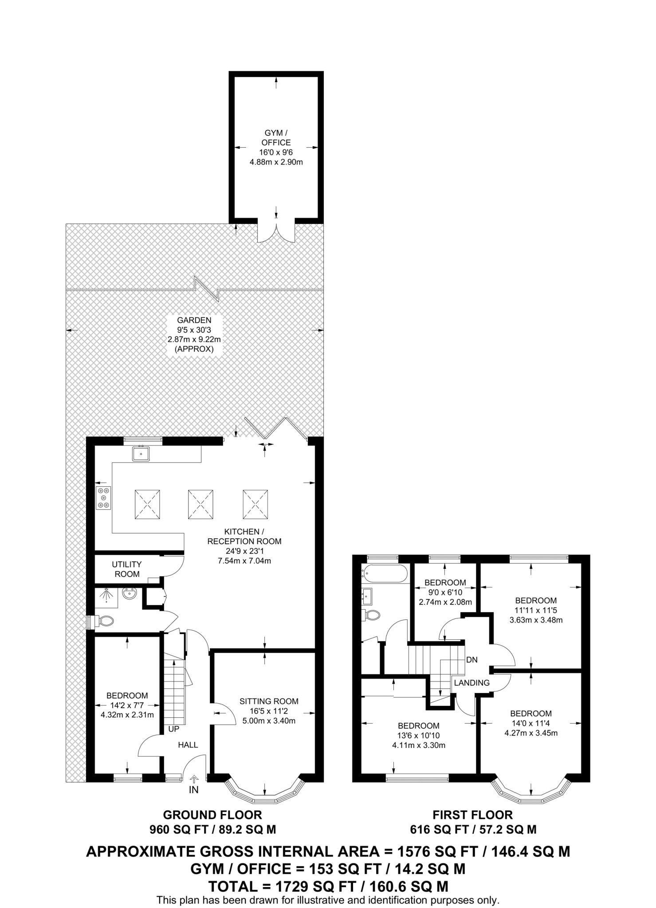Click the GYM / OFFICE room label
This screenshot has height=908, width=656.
pos(276,137)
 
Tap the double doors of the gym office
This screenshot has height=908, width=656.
pos(276,232)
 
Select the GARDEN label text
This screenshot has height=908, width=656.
pos(194,320)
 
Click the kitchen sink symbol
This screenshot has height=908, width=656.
pos(141,454)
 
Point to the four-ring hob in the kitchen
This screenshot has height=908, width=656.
pos(104,497)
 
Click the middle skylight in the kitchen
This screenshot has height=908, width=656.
pos(200,504)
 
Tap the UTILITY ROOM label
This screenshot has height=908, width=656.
pos(127,569)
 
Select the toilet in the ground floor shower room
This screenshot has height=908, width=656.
pos(103,621)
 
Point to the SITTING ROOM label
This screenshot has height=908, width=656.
pos(269,701)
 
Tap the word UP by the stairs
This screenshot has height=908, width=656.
pos(173,728)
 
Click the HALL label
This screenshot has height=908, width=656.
pos(188,745)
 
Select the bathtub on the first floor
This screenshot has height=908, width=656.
pos(385,573)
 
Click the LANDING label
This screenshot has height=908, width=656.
pos(471,683)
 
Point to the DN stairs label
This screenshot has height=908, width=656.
pos(471,660)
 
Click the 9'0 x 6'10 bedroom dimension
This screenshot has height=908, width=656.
pos(445,592)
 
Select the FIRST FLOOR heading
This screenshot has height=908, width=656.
pos(472,814)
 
